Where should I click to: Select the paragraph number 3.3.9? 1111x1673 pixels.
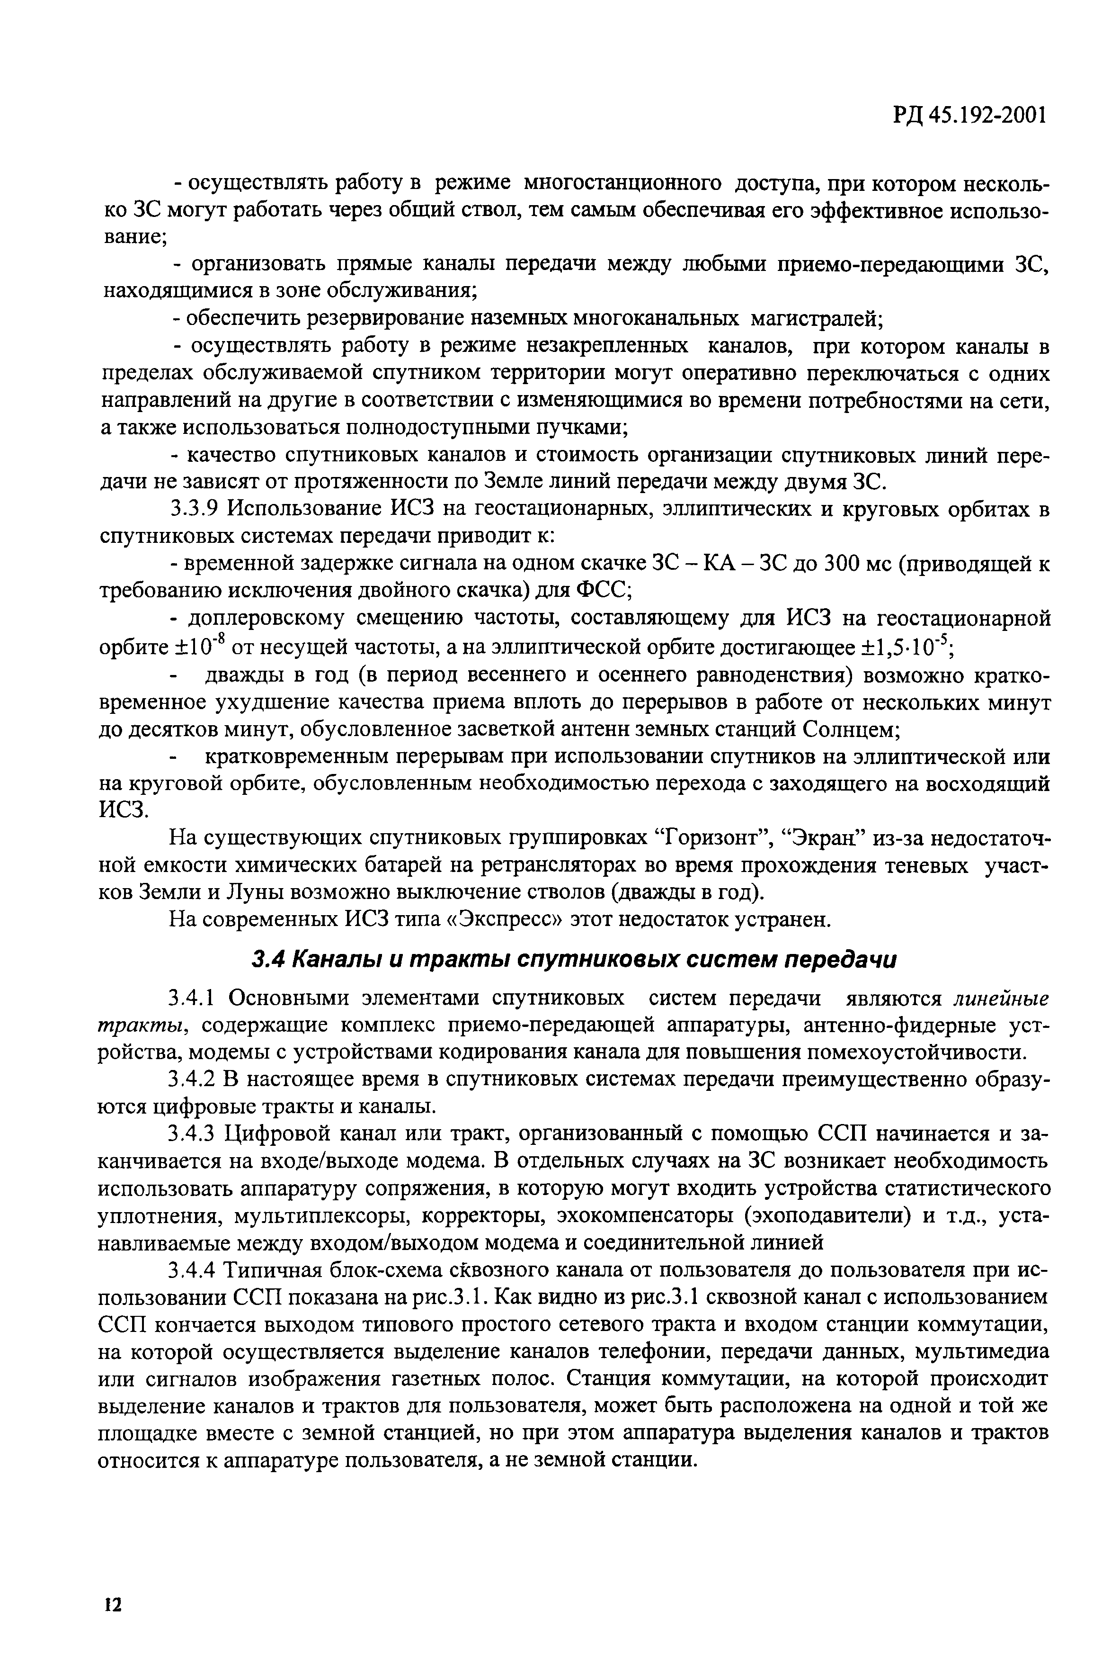coord(195,510)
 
